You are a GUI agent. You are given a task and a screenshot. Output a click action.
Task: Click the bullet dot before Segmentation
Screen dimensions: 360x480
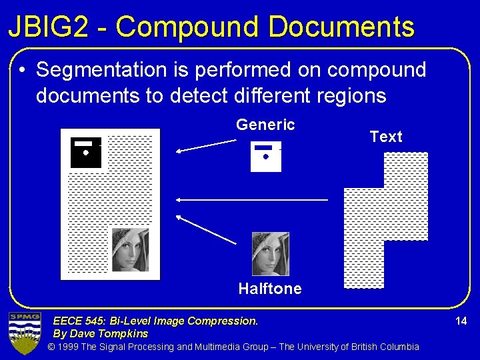pos(23,70)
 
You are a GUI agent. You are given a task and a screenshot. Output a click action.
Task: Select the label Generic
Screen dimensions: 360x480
pos(265,125)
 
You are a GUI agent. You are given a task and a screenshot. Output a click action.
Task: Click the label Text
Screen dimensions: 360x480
pos(386,137)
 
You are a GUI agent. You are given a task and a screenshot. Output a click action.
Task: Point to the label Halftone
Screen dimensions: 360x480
pos(270,289)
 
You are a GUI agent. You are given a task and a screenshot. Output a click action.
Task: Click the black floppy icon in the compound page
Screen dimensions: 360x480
pos(86,153)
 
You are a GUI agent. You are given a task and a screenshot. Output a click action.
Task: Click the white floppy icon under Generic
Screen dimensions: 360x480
pos(266,157)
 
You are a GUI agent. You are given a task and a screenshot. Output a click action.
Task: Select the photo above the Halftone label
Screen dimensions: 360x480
pos(271,253)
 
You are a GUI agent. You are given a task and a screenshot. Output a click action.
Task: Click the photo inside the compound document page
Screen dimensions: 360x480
pos(130,250)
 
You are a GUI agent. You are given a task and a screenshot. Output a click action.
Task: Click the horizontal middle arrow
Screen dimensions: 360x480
pos(252,199)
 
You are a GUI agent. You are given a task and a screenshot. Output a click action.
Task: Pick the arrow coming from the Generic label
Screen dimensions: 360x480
pos(206,146)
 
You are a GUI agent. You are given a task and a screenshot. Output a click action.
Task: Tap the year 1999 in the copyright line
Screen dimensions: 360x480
pos(69,347)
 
